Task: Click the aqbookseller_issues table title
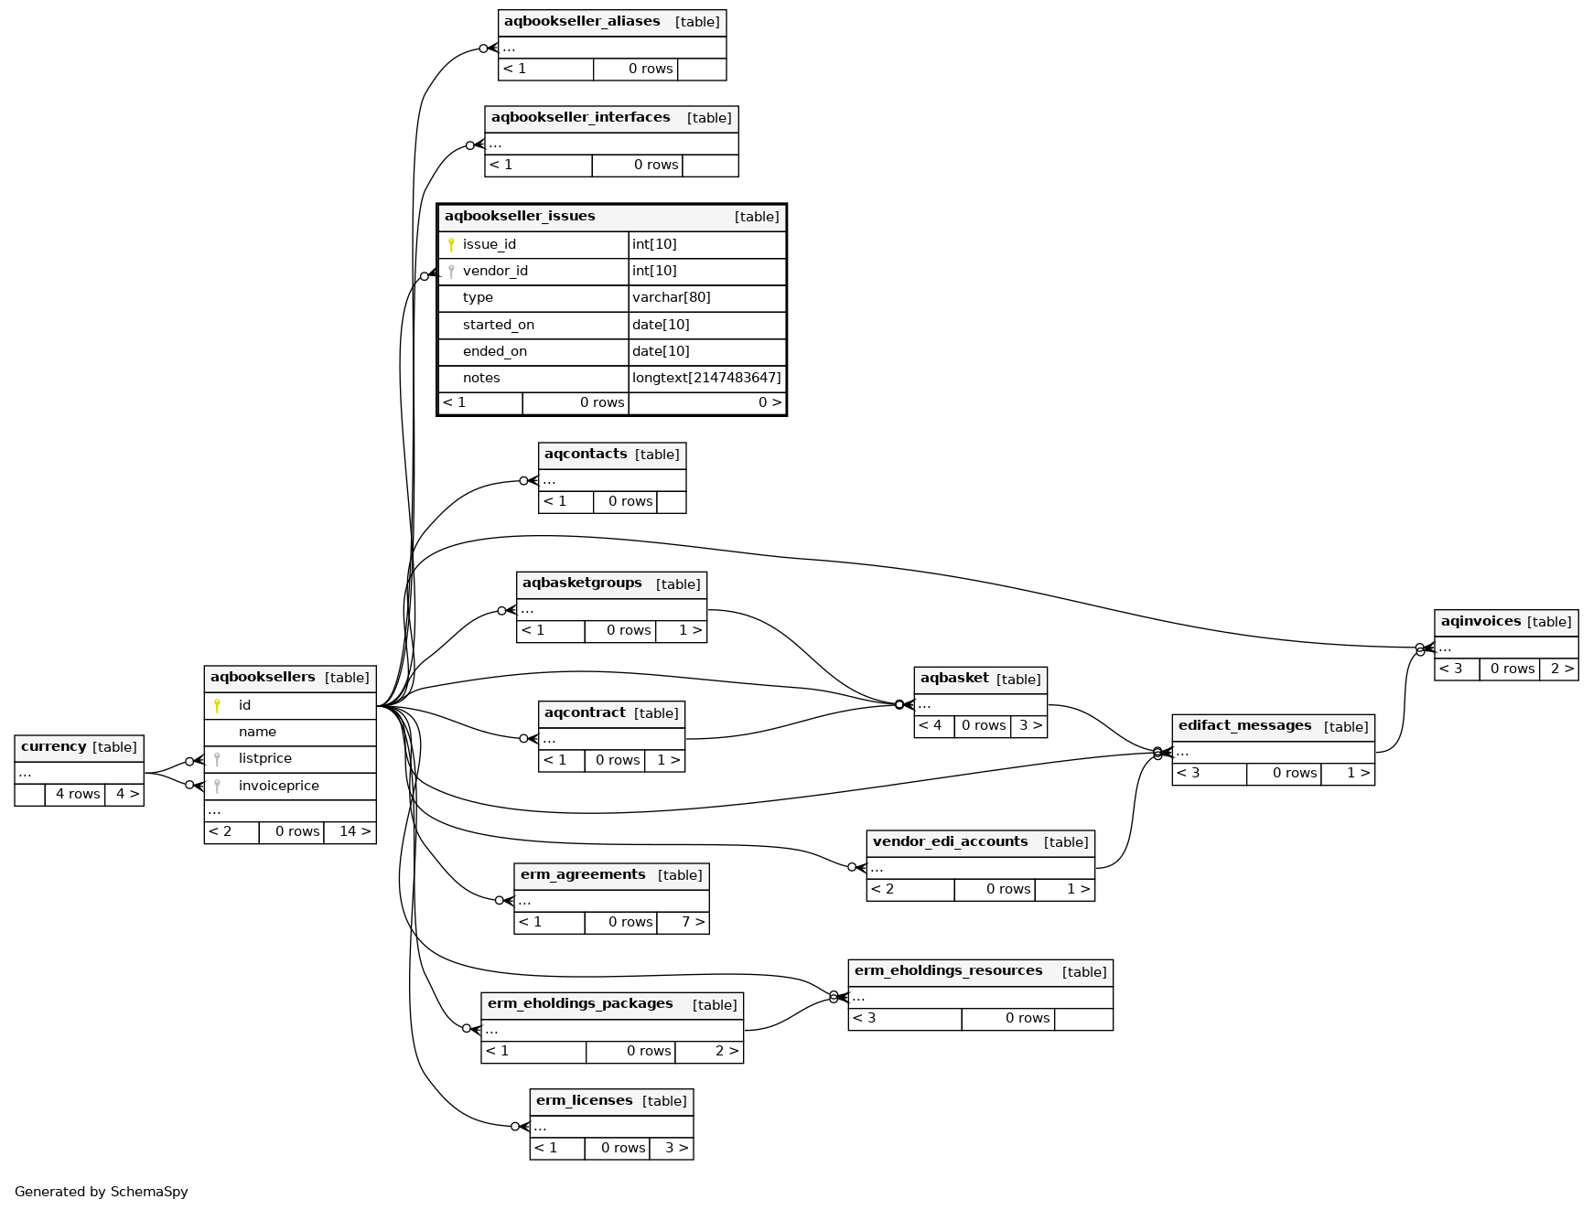point(520,217)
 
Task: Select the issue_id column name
point(489,244)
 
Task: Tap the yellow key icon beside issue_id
point(451,244)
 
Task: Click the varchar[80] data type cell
point(671,297)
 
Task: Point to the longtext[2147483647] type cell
point(706,378)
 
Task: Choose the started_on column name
point(498,325)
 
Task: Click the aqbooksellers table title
point(263,678)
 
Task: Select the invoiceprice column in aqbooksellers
point(278,786)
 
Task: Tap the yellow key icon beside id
point(217,705)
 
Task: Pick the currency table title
point(53,747)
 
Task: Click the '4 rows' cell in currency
point(77,794)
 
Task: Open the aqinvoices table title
point(1480,622)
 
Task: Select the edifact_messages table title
point(1244,726)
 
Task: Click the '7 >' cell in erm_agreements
point(693,922)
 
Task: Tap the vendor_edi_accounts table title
point(950,842)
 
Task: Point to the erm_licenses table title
point(584,1101)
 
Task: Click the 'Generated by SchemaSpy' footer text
point(101,1192)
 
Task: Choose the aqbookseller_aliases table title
point(582,22)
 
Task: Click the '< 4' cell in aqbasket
point(931,725)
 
